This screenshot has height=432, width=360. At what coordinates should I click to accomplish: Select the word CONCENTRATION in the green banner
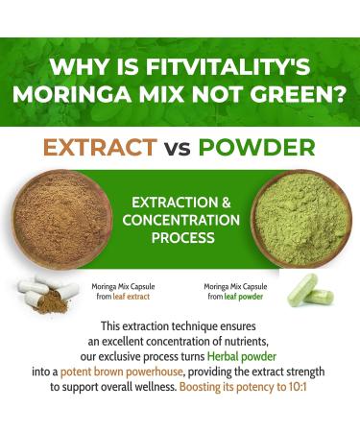click(180, 220)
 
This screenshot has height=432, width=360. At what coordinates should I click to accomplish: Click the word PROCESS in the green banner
click(180, 238)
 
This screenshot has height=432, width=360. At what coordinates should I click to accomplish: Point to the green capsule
click(304, 287)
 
